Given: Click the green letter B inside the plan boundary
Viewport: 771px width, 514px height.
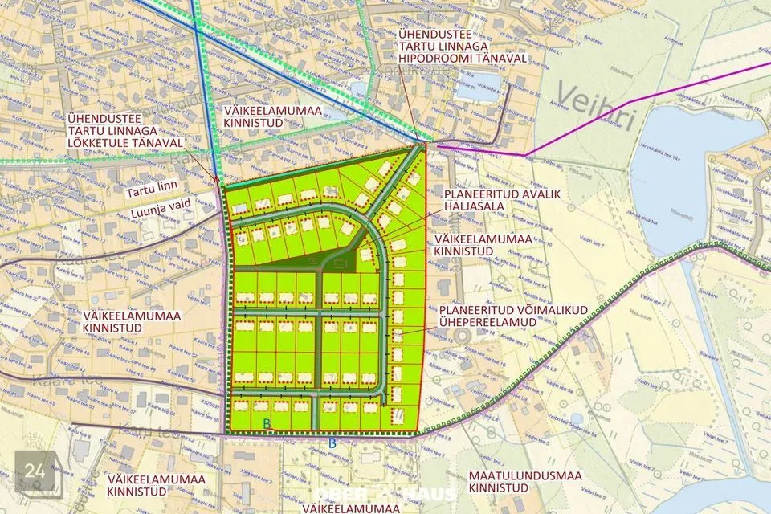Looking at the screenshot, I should coord(267,423).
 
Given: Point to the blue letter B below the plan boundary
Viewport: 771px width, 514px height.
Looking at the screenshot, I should coord(332,442).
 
